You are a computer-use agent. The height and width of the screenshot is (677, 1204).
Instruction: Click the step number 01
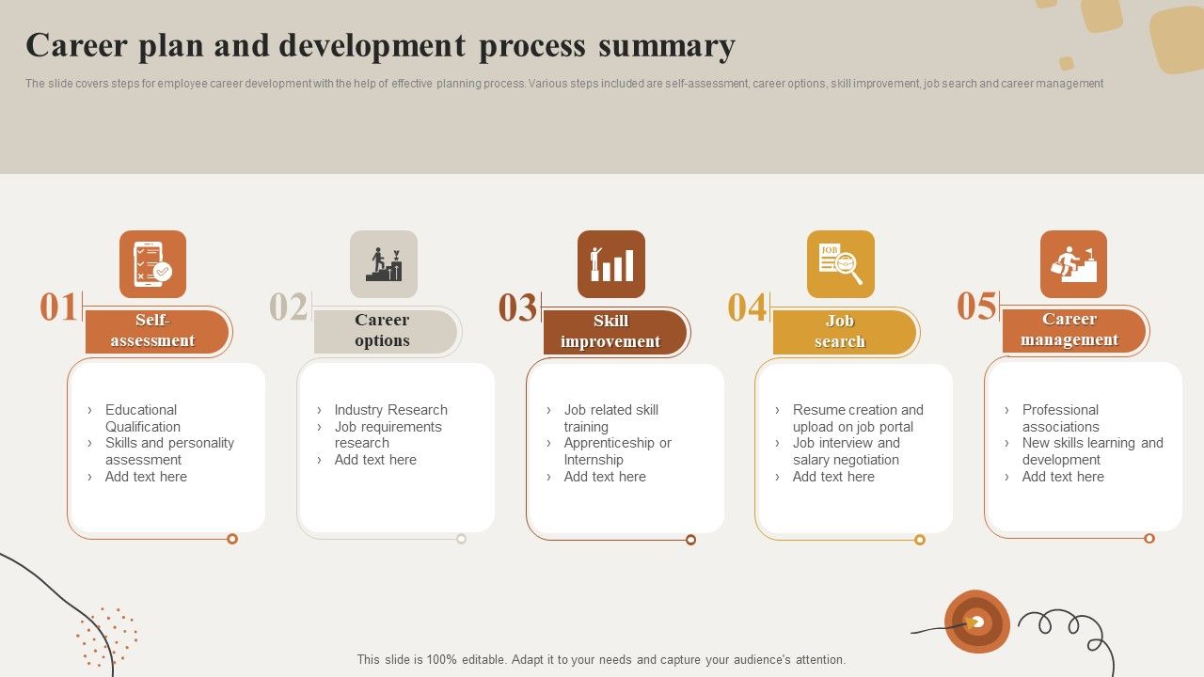pos(58,307)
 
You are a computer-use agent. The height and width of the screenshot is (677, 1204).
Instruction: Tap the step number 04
pos(747,308)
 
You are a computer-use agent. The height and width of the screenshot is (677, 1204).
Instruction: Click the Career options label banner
pos(384,331)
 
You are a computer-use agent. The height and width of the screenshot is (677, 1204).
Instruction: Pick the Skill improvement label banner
pos(613,332)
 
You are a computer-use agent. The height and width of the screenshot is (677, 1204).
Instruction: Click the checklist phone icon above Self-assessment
pos(152,264)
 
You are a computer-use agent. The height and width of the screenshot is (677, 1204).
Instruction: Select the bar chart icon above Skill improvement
pos(611,264)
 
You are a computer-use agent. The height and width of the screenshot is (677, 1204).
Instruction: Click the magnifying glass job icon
pos(840,264)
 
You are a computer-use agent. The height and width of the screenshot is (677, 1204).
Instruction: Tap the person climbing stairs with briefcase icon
pos(1073,264)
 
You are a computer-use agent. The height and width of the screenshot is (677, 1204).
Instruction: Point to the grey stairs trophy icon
pos(384,264)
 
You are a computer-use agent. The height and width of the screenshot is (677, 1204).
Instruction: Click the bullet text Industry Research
pos(390,410)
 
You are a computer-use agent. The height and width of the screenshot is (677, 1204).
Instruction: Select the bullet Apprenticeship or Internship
pos(617,451)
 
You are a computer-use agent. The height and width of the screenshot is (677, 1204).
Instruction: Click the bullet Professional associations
pos(1060,418)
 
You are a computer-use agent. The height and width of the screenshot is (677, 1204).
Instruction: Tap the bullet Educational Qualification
pos(142,418)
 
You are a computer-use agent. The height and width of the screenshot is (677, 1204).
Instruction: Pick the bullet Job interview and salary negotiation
pos(846,451)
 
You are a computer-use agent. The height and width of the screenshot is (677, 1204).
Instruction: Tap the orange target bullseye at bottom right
pos(977,622)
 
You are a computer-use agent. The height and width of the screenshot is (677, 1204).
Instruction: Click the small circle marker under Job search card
pos(920,540)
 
